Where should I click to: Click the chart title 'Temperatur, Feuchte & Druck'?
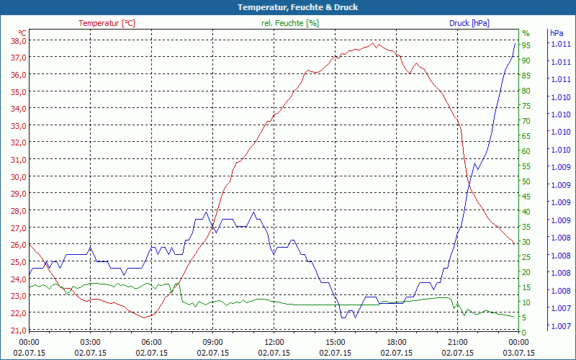[287, 7]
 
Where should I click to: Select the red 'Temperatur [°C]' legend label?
[107, 23]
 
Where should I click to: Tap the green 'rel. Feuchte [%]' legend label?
[289, 23]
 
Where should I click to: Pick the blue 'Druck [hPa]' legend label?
[469, 23]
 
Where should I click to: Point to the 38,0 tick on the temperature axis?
[18, 40]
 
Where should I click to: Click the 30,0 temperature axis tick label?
[18, 176]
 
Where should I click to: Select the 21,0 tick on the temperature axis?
[18, 330]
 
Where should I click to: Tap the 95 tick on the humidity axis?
[526, 45]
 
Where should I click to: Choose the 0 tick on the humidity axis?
[524, 332]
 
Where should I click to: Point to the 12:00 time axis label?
[274, 343]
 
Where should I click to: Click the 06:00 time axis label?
[152, 343]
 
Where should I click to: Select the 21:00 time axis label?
[458, 343]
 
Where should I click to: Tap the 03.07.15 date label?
[519, 353]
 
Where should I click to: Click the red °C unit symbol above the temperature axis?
[22, 33]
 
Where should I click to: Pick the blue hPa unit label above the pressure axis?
[557, 33]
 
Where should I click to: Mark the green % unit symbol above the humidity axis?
[526, 33]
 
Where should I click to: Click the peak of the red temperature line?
[374, 44]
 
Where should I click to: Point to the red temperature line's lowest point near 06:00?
[145, 317]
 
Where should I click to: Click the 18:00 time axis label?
[397, 343]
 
